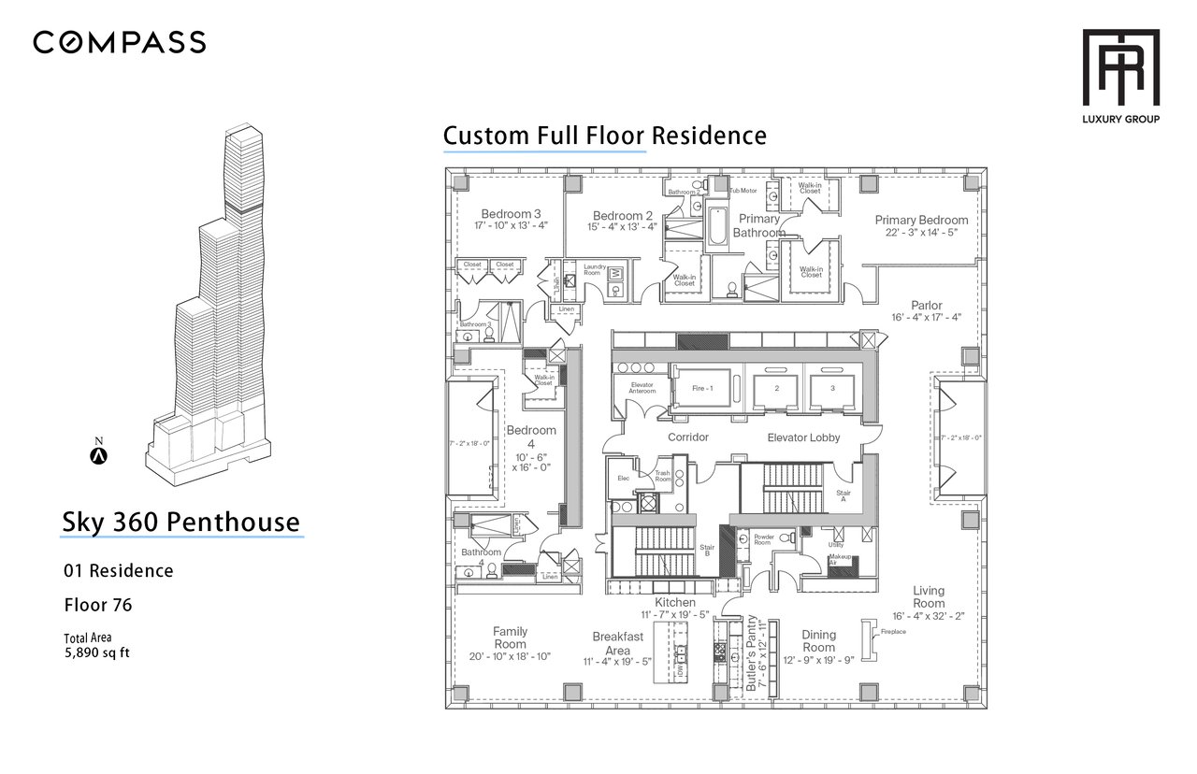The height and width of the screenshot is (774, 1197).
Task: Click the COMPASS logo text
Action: coord(120,42)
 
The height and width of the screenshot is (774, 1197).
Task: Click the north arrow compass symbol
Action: coord(98,456)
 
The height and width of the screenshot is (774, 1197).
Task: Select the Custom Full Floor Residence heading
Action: coord(604,136)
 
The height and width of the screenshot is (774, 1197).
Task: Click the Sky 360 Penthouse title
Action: coord(181,522)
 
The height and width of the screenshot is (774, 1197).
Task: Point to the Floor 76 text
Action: coord(97,605)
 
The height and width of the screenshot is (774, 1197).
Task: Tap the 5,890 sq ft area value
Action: coord(96,652)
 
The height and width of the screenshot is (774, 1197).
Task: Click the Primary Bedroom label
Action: coord(921,221)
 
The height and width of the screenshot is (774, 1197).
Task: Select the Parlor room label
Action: coord(927,305)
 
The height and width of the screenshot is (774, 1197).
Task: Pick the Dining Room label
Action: coord(818,640)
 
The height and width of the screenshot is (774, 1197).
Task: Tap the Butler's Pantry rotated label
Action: coord(752,654)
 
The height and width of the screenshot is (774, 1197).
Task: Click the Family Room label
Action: coord(510,638)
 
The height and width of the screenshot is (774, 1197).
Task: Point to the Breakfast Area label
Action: coord(617,643)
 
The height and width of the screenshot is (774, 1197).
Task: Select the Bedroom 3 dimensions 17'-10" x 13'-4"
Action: coord(498,225)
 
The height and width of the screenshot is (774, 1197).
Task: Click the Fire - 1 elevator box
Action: coord(703,387)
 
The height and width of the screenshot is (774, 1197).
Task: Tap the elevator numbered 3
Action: coord(832,387)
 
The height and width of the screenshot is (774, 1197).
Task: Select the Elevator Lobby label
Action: coord(803,437)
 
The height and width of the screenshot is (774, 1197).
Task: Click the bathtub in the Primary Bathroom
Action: coord(717,223)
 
